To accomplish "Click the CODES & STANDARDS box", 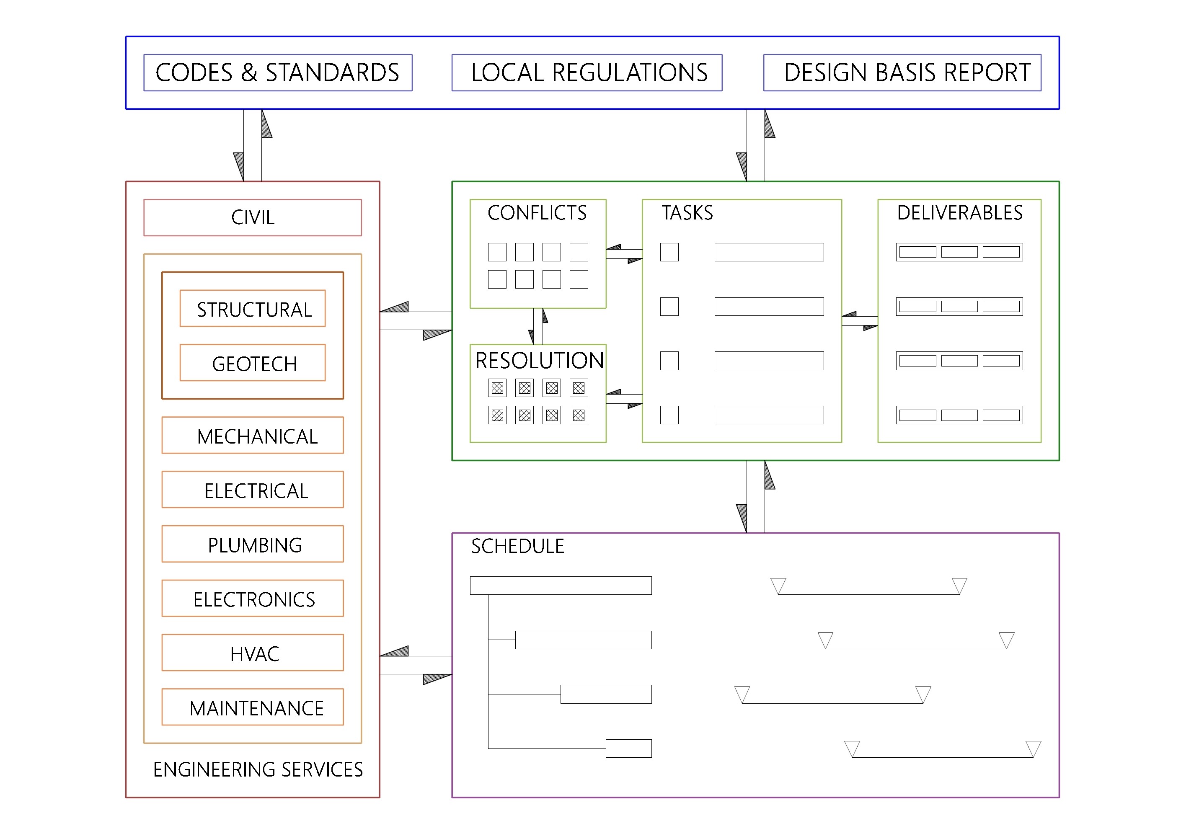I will (x=278, y=72).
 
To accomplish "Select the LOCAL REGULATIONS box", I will (x=587, y=72).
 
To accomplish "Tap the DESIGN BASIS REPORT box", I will (x=902, y=72).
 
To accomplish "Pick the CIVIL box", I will (x=253, y=217).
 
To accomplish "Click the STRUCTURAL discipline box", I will (x=253, y=309).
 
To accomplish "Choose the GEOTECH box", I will (x=253, y=363).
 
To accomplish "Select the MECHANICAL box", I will (x=253, y=436).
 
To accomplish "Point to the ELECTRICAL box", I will (x=253, y=490).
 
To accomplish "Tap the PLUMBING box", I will (x=253, y=544).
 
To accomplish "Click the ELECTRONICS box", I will (x=253, y=599).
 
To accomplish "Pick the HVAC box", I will (x=253, y=653).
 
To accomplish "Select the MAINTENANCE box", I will (x=253, y=707).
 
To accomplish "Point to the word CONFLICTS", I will (x=537, y=213).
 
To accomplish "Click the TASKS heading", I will (x=687, y=213).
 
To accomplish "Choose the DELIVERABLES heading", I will (x=960, y=213).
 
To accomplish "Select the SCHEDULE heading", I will (x=517, y=546).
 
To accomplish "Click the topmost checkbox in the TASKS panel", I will (x=669, y=252).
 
